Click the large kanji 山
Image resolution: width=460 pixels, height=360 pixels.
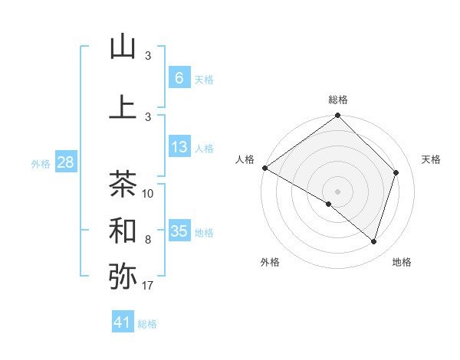pos(123,47)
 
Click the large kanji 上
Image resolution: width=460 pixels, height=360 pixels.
pos(123,106)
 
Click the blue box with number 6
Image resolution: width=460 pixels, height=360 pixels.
pos(179,78)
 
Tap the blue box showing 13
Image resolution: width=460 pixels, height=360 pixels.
pos(179,147)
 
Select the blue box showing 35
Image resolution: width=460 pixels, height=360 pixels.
pos(179,231)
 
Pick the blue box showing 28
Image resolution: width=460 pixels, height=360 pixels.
pos(65,162)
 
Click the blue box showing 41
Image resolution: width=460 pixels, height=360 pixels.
pos(123,322)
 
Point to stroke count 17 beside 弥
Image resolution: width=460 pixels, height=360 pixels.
pos(148,286)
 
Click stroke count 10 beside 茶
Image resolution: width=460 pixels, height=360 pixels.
pos(148,194)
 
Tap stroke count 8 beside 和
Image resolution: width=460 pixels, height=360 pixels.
pos(148,240)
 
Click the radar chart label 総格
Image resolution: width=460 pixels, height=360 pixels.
pos(337,100)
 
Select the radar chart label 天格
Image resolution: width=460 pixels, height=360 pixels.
pos(432,159)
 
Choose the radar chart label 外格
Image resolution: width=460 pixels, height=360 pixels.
pos(270,262)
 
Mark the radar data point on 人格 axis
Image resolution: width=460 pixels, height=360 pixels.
pos(264,168)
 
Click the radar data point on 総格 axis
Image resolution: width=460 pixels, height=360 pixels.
pos(337,116)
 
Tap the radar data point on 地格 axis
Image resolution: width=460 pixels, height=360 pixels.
pos(373,241)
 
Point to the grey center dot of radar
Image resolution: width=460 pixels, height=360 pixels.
pos(337,191)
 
